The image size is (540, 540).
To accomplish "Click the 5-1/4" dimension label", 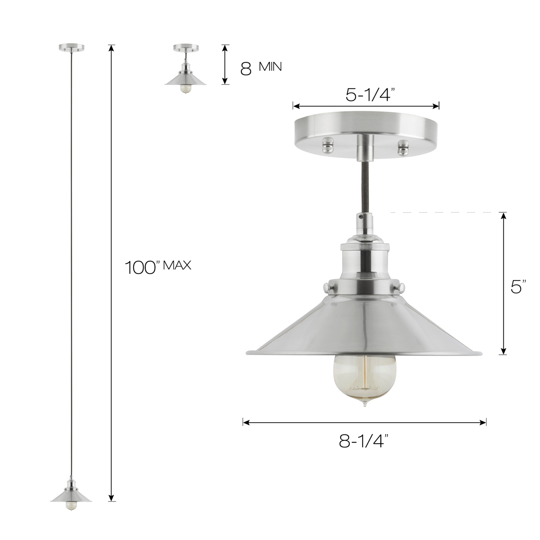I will pyautogui.click(x=370, y=95).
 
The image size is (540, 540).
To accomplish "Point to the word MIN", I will pyautogui.click(x=270, y=67).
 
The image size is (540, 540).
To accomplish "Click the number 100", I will pyautogui.click(x=140, y=268).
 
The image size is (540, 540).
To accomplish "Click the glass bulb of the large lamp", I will pyautogui.click(x=365, y=381).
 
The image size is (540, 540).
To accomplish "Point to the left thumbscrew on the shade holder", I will pyautogui.click(x=326, y=287).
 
